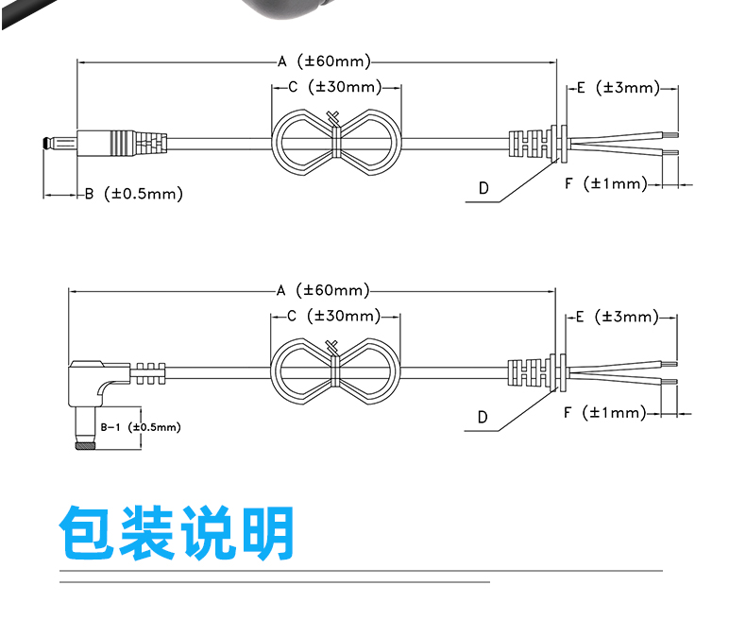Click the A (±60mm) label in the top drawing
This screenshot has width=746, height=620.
[324, 61]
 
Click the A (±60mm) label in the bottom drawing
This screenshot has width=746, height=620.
[323, 290]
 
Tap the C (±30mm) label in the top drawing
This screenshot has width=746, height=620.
[335, 87]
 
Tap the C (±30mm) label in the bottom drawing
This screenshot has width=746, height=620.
[334, 316]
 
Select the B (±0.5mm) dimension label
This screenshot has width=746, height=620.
[134, 194]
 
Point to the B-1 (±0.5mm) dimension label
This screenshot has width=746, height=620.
[141, 427]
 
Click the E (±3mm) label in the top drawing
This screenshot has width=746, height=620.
[619, 88]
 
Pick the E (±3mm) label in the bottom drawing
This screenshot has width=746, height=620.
[617, 317]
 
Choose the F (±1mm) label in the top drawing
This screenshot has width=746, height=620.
[606, 183]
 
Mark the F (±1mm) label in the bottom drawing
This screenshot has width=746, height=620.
[604, 412]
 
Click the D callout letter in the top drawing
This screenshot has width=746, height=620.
[483, 188]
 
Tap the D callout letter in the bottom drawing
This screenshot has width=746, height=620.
[483, 417]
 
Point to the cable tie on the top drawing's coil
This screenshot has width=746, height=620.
[335, 136]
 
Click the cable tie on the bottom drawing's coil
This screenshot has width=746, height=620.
[334, 364]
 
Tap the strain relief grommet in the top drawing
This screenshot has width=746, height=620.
[537, 142]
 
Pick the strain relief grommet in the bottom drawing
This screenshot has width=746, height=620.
[536, 370]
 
